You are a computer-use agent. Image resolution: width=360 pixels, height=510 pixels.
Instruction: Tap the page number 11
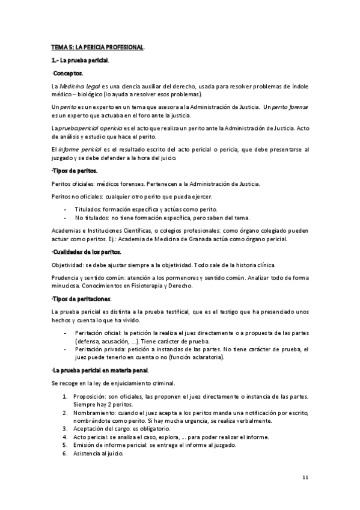305,477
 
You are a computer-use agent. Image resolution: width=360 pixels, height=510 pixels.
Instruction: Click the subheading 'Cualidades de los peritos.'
87,251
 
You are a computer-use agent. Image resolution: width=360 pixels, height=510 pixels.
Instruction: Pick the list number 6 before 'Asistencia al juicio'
65,453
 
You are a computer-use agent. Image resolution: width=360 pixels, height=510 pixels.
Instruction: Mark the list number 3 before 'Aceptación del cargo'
65,428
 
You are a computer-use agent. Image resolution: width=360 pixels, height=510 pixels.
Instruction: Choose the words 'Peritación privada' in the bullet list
98,349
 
